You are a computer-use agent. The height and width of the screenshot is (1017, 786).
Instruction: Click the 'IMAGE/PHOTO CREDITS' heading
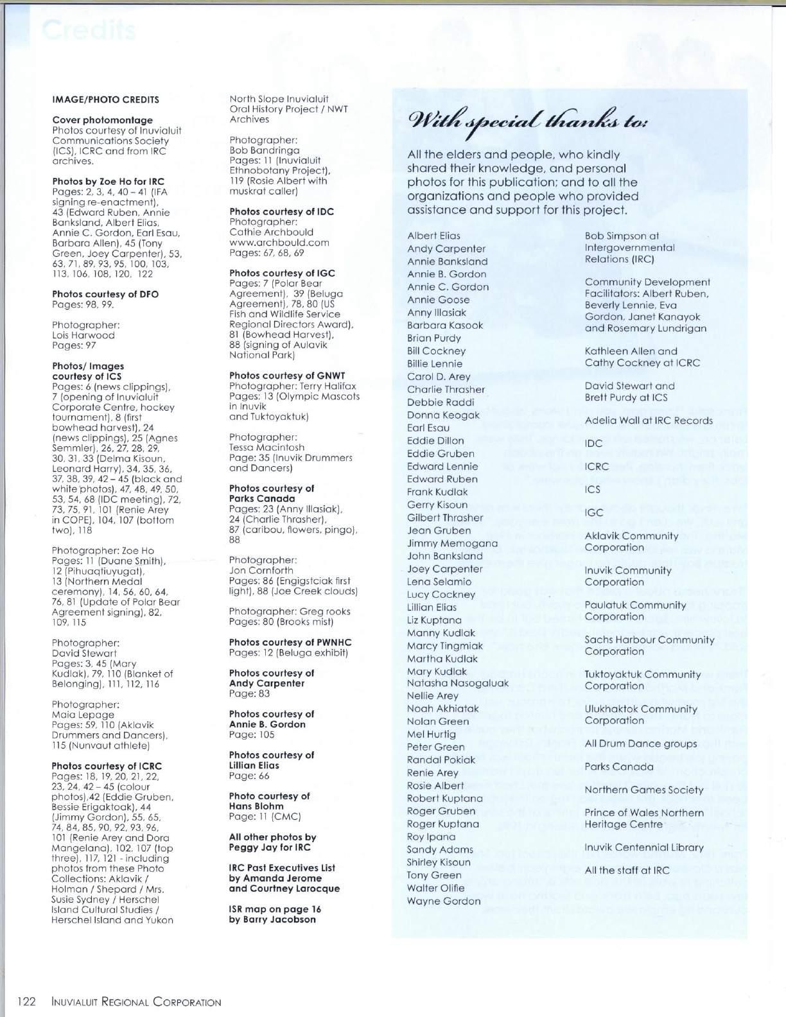[105, 100]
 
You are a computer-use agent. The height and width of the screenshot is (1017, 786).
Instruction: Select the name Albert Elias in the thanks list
[433, 236]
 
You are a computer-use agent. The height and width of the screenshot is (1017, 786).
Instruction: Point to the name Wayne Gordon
[444, 901]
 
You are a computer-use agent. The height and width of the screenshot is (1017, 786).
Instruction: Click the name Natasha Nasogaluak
[458, 683]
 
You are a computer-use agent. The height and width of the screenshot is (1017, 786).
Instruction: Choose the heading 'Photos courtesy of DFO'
[105, 294]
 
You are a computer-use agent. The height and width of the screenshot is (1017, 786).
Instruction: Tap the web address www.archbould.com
[279, 243]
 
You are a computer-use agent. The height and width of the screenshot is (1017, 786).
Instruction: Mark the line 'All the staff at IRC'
[627, 871]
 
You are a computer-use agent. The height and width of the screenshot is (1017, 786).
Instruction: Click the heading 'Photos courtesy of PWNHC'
[290, 642]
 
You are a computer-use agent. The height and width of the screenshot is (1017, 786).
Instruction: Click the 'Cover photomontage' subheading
[102, 120]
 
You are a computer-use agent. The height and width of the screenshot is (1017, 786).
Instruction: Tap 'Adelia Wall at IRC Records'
[649, 421]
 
